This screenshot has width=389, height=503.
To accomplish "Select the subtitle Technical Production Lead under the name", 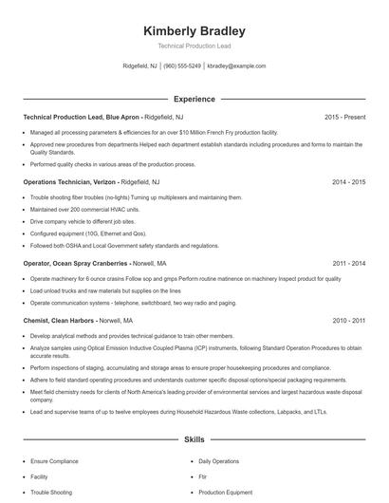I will [194, 47].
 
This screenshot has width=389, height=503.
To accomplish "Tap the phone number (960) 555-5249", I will [182, 66].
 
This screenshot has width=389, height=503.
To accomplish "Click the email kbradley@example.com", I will [236, 66].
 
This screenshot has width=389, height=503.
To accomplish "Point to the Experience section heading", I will [194, 98].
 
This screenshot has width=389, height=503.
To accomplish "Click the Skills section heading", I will [194, 440].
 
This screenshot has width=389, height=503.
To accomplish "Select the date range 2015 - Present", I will [344, 117].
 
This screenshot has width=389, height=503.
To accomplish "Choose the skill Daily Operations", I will [219, 460].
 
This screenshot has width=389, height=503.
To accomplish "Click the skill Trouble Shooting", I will [53, 492].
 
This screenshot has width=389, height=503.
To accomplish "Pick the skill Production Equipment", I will [226, 492].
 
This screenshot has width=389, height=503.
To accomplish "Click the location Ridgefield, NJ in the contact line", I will [141, 66].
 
